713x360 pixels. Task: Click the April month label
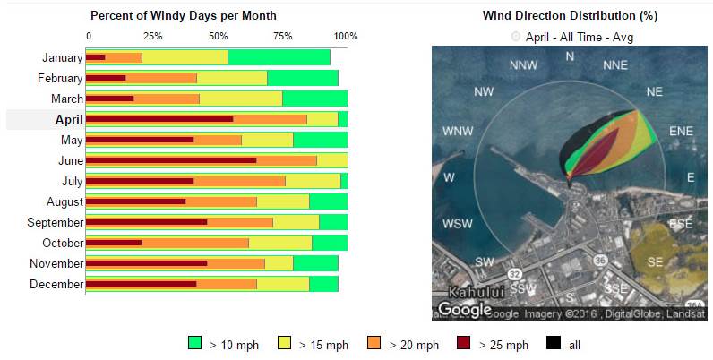tap(69, 119)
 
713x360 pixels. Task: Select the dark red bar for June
tap(171, 160)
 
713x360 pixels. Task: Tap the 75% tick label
tap(282, 36)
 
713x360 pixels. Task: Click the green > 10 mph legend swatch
tap(195, 344)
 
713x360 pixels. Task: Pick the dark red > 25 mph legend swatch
tap(463, 344)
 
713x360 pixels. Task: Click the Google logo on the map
tap(464, 310)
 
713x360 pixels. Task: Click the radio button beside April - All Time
tap(515, 37)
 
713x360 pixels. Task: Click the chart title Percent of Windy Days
tap(183, 16)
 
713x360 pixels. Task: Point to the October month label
tap(63, 243)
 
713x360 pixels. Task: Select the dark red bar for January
tap(96, 57)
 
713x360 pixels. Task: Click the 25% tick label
tap(152, 36)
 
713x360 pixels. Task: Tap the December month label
tap(57, 284)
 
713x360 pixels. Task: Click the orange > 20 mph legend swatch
tap(374, 344)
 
